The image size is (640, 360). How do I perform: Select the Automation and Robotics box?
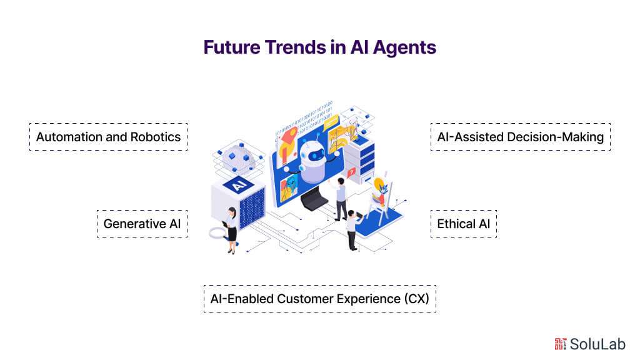109,137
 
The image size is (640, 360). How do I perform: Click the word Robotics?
156,137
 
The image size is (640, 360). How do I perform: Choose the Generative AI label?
142,224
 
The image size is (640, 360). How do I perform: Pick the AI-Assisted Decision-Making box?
521,137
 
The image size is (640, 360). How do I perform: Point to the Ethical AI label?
464,224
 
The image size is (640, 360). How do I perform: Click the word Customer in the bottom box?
305,299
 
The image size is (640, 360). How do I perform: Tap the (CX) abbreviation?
417,299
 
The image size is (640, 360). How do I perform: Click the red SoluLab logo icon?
560,344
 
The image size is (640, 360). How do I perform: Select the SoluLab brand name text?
597,344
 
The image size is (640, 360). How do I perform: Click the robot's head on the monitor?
313,156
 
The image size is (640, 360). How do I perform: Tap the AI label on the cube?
239,185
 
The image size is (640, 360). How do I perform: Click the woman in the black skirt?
231,230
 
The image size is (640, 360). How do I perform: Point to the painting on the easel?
381,191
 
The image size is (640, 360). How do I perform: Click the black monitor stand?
314,199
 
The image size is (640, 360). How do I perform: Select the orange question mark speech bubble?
351,172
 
